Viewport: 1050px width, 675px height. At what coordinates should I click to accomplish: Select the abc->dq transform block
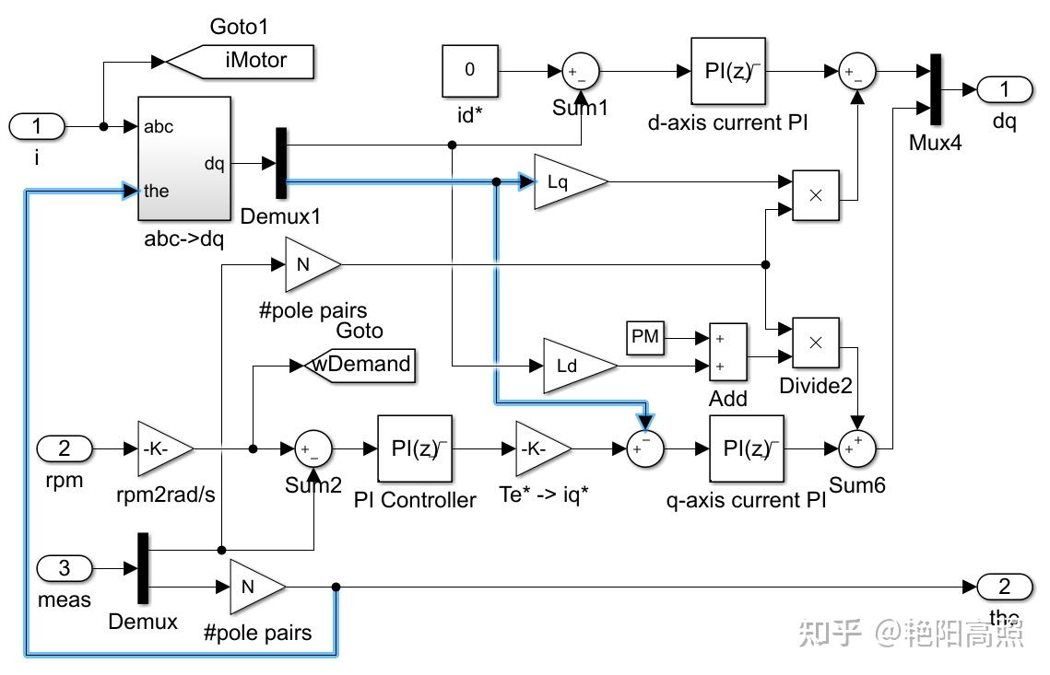(183, 158)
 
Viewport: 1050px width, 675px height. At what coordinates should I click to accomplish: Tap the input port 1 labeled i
(37, 126)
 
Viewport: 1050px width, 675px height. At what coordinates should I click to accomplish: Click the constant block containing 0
(469, 70)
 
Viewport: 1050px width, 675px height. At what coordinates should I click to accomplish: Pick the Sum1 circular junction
(581, 71)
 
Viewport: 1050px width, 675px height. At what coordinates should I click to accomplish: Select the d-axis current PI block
(728, 71)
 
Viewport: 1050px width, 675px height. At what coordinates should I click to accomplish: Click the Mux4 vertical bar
(935, 89)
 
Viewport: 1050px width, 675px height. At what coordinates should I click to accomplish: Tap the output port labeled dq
(1005, 89)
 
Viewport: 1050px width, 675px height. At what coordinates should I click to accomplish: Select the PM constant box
(645, 337)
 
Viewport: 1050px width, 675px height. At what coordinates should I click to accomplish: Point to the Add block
(727, 352)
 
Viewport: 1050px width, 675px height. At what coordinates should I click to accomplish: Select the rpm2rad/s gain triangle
(163, 448)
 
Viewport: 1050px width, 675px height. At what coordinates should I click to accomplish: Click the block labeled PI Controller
(415, 448)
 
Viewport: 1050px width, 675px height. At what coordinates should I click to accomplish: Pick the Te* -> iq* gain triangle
(540, 448)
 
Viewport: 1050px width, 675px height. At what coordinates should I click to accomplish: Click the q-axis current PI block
(747, 448)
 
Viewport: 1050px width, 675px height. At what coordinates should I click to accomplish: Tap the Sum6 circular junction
(857, 448)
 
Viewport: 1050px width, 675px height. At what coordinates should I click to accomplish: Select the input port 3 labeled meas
(65, 568)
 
